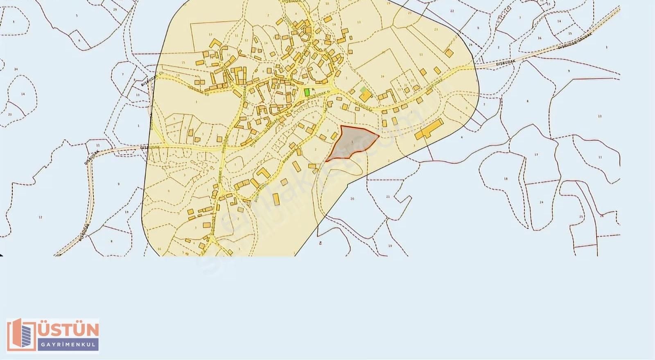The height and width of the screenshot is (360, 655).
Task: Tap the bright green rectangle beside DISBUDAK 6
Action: coord(307,92)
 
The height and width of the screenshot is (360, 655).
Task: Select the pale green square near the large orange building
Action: coord(363,89)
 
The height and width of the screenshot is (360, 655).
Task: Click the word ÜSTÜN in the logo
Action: coord(68,330)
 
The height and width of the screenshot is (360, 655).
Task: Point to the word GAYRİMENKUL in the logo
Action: coord(68,344)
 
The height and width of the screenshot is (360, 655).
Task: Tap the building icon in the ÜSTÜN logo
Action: coord(21,335)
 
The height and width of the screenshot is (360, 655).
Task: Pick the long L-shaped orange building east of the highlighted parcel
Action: coord(429,130)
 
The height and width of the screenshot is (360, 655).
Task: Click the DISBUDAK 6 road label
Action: coord(318,95)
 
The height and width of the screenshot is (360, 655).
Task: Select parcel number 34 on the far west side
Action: coord(16,69)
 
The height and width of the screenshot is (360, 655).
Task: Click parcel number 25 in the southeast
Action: coord(581,216)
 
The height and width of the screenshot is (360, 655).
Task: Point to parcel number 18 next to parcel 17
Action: coord(506,179)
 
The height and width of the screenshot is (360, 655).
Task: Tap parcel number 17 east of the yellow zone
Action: coord(536,155)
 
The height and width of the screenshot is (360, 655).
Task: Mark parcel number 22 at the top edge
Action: coord(452,11)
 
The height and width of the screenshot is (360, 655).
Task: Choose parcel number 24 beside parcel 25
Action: coord(541,202)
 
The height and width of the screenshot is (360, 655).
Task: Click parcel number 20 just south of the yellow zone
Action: coord(352,199)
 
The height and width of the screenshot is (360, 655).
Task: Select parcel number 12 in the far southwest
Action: coord(40,217)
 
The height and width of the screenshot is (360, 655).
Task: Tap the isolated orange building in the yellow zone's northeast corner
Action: coord(449,53)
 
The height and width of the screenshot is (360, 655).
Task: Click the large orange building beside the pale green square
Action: coord(366,97)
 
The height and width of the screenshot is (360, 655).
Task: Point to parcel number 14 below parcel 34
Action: coord(23,94)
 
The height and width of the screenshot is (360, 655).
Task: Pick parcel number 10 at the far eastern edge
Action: coord(600,116)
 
